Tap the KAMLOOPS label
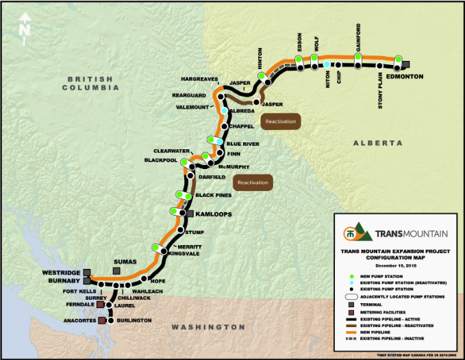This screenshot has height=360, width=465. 213,214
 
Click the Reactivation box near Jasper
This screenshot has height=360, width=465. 281,121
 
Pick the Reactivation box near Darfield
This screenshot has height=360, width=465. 253,183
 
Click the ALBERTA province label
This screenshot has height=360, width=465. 377,143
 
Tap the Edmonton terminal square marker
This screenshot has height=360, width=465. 405,65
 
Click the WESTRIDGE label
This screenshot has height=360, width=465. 62,272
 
